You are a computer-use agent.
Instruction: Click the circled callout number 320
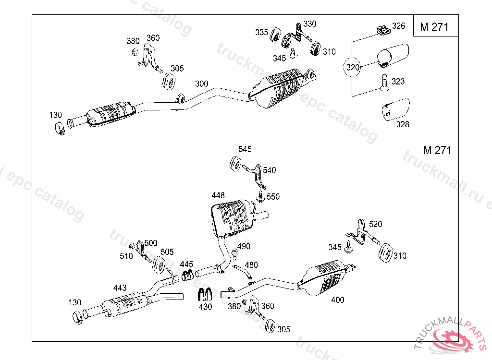tap(353, 68)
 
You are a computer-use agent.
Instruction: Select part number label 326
tap(399, 26)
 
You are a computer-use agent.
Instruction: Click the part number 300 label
tap(201, 84)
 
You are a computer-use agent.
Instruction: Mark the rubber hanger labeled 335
tap(277, 35)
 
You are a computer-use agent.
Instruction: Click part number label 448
tap(218, 195)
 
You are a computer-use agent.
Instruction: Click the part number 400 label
tap(338, 300)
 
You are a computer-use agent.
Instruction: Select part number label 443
tap(120, 288)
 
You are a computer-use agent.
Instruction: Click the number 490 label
tap(244, 246)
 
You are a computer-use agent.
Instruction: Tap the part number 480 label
tap(251, 264)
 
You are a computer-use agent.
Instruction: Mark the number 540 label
tap(270, 170)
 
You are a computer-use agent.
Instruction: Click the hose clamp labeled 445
tap(187, 276)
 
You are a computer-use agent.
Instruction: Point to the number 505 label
tap(167, 252)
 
